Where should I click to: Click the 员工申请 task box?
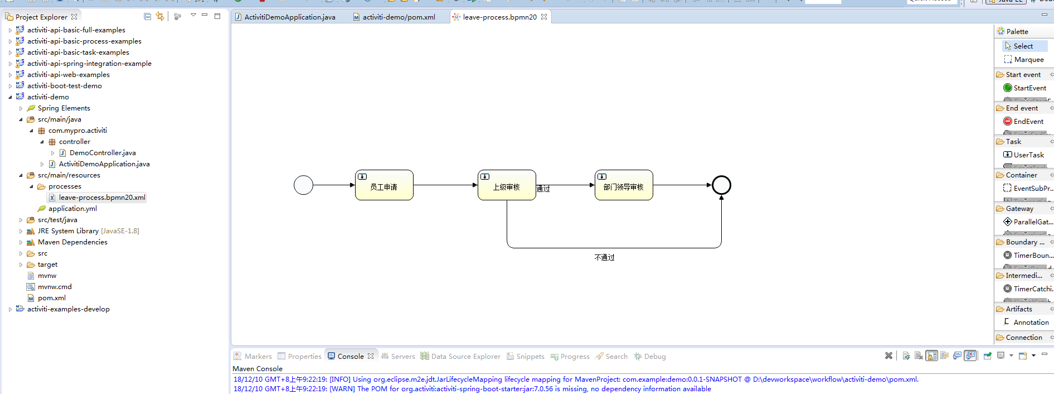384,185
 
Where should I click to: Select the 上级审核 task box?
507,185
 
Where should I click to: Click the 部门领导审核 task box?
624,185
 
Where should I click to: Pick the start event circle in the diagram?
303,185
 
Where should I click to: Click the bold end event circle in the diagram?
721,185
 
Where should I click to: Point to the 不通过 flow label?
604,257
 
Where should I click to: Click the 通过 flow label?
543,189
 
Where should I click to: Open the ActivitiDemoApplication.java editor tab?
289,17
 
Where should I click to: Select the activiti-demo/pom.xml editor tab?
399,17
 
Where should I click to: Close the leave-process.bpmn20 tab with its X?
544,17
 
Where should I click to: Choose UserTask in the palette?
1028,155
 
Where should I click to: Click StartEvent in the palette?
1029,88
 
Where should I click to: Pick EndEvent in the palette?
1028,122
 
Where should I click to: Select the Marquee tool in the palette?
1028,60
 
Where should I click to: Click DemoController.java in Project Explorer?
103,153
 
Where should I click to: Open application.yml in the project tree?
72,209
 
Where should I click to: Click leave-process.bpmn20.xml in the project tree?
102,198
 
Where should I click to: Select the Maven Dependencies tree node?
72,242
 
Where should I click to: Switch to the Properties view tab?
304,357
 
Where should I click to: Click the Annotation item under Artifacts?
1031,323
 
